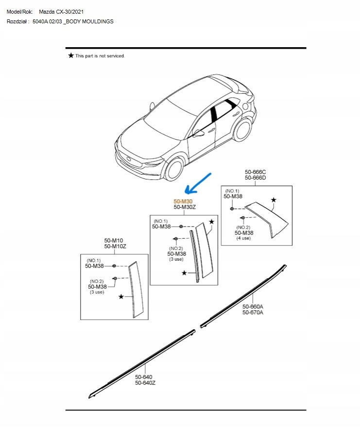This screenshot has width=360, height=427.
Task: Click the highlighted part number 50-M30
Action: pos(183,201)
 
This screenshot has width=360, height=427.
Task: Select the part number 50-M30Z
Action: pos(185,207)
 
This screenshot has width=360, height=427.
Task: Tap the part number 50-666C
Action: pos(255,172)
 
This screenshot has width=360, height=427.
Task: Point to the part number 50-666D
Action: pos(255,178)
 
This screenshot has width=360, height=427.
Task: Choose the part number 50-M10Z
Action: pos(115,247)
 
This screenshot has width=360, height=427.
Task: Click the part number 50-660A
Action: pos(253,306)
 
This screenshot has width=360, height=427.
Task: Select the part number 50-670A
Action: pos(253,313)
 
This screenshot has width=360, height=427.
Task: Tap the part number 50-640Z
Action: pos(145,383)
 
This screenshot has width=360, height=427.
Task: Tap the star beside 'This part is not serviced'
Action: pos(71,56)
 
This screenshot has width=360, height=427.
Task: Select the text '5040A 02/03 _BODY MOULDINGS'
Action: pos(73,22)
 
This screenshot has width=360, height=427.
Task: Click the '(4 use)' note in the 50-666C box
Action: pos(243,238)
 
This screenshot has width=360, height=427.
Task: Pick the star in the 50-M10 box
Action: pos(121,296)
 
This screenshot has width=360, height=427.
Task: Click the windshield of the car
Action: pos(165,117)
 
